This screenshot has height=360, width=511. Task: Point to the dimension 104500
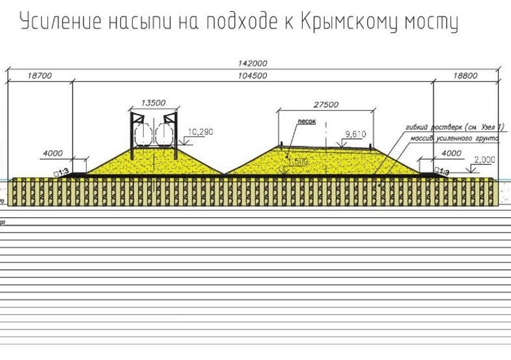254,76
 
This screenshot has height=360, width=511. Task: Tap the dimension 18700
40,76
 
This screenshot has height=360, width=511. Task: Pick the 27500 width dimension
325,104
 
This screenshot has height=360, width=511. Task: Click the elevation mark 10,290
200,132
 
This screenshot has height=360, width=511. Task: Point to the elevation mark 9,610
357,133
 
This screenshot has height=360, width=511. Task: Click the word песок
307,122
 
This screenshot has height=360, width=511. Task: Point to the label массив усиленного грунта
454,139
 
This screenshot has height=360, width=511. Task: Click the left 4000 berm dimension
53,154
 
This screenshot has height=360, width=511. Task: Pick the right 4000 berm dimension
451,154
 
